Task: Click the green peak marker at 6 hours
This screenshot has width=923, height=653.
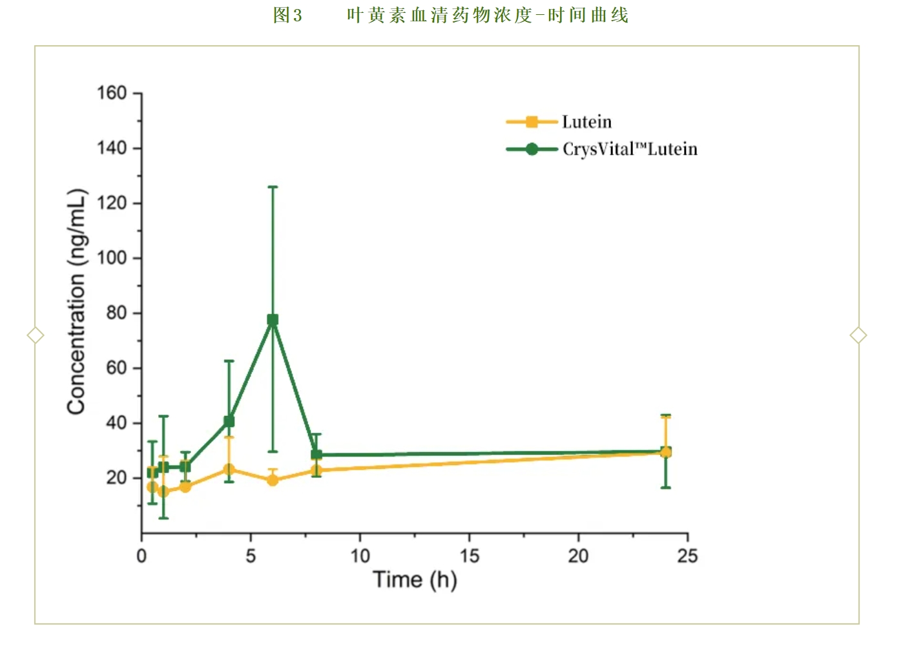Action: tap(273, 320)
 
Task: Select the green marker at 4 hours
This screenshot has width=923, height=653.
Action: tap(229, 422)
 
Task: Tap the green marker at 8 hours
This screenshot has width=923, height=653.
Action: tap(316, 455)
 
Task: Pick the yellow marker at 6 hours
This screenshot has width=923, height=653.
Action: tap(273, 480)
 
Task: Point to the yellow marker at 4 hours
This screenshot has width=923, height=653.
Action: tap(229, 470)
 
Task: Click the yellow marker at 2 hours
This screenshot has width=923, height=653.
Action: tap(185, 486)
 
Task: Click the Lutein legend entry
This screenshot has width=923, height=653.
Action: tap(586, 122)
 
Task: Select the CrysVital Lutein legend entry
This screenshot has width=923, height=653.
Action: tap(629, 149)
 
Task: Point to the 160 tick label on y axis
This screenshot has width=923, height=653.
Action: tap(112, 93)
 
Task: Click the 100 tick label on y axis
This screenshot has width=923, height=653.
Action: tap(112, 258)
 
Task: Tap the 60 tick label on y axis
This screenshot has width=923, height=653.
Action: tap(116, 368)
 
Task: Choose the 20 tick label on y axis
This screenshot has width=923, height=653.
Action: tap(116, 478)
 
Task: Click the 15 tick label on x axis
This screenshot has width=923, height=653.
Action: tap(470, 556)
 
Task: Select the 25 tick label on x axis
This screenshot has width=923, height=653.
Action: tap(687, 556)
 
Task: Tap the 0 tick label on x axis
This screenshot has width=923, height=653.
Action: tap(141, 556)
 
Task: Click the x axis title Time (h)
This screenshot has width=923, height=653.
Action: tap(415, 579)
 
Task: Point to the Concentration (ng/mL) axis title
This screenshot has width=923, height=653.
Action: tap(76, 302)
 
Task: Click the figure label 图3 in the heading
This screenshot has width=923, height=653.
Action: tap(287, 16)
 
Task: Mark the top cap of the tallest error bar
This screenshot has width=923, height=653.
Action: tap(273, 187)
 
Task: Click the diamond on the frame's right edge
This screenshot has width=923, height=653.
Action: tap(858, 335)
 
